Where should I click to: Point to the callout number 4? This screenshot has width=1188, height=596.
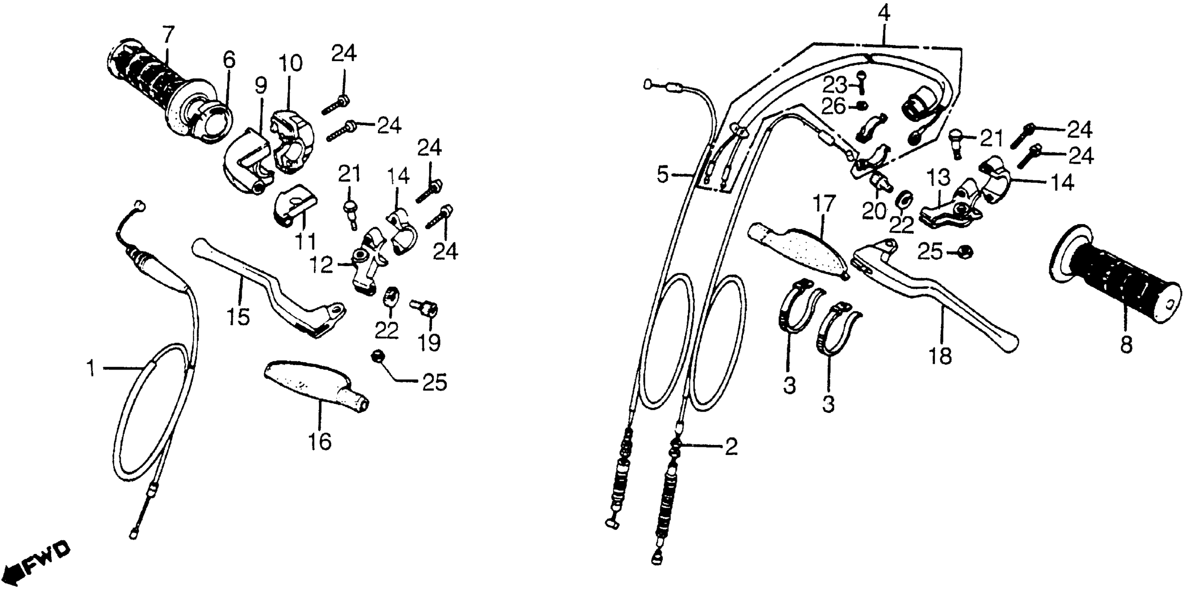[x=883, y=13]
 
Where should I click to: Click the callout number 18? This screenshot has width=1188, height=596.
[x=940, y=356]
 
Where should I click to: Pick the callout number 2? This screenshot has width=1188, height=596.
[x=731, y=447]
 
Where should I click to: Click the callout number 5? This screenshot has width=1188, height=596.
[x=662, y=175]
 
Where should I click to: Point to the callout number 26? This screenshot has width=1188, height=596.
[x=834, y=107]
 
